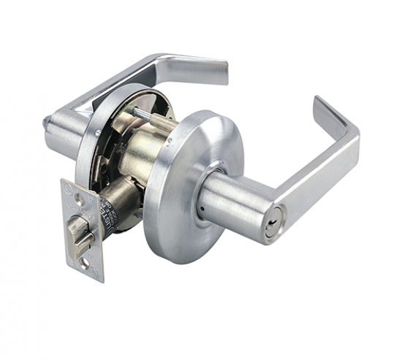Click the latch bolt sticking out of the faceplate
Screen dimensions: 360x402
[x=80, y=232]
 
